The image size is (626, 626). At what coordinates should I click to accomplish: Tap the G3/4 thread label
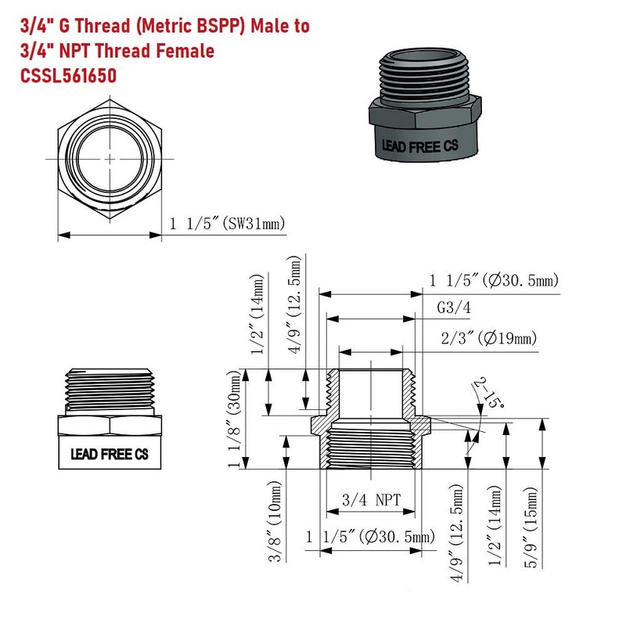[x=454, y=308]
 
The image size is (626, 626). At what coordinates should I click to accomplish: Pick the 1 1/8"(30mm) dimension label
[x=234, y=419]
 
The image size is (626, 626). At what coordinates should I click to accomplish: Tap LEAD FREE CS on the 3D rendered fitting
[x=417, y=146]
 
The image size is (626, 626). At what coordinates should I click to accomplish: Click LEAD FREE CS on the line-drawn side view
[x=110, y=454]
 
